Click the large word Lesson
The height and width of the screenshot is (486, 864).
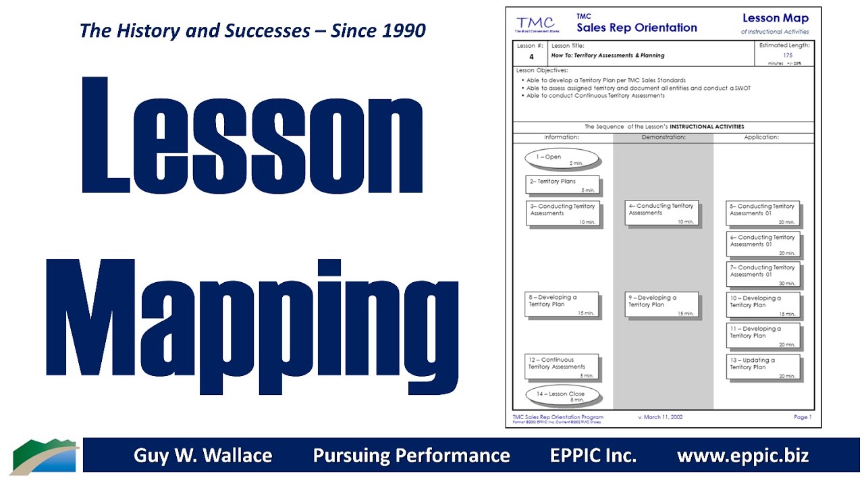(252, 136)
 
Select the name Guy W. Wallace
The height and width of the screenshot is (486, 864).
(202, 456)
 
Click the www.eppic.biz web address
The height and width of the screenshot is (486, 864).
(742, 456)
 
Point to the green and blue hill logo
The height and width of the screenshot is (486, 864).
(45, 457)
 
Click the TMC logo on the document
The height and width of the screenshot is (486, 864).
(537, 24)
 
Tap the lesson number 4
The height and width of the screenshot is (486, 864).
(531, 57)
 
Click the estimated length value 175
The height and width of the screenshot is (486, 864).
(788, 55)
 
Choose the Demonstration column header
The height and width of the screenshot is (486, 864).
(663, 137)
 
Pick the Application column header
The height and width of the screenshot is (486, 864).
(761, 137)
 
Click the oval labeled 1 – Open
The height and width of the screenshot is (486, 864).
(562, 159)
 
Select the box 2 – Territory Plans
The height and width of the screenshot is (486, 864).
(562, 185)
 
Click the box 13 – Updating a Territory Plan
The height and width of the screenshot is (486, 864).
(763, 367)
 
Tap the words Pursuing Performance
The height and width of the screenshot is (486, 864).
(411, 456)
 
